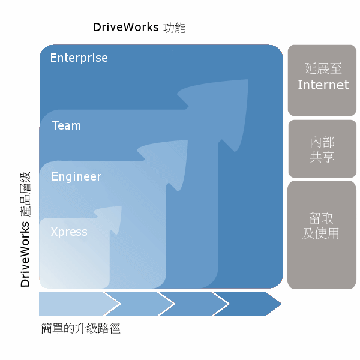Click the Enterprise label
[79, 58]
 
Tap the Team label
[66, 126]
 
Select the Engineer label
[76, 177]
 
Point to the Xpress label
[69, 232]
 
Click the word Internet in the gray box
[323, 85]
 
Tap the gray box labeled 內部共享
[322, 149]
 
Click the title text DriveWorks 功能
[139, 28]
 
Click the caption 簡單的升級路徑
[80, 329]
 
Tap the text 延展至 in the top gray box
[322, 69]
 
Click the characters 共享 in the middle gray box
[322, 157]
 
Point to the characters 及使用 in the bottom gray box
[321, 233]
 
